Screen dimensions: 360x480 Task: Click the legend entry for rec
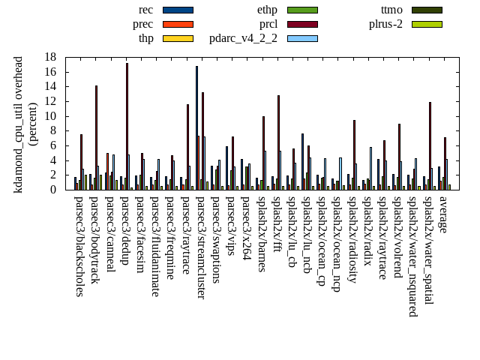click(x=146, y=10)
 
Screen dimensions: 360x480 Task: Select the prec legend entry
click(x=142, y=24)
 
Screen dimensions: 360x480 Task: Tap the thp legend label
click(x=146, y=38)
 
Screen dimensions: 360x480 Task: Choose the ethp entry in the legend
click(x=268, y=10)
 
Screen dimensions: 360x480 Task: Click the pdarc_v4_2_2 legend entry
click(x=243, y=38)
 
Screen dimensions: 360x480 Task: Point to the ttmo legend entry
click(x=391, y=10)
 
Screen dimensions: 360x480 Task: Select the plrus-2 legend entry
click(x=386, y=24)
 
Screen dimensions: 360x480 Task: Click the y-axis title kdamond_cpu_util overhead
click(x=19, y=124)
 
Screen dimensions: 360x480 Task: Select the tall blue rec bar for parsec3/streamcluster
click(x=196, y=127)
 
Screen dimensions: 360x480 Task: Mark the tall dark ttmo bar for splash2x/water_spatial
click(x=430, y=145)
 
